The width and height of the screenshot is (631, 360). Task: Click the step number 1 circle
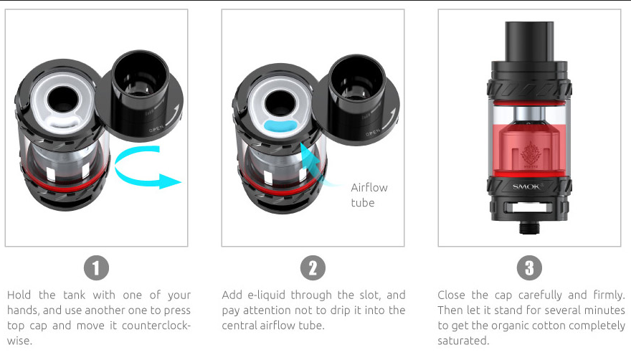click(97, 268)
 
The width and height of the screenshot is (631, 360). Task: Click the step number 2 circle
click(313, 268)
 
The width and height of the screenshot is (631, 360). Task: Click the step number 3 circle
click(529, 268)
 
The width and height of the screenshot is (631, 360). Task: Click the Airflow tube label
click(369, 195)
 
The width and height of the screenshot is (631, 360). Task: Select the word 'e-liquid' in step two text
click(262, 295)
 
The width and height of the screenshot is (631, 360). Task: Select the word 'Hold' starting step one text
click(21, 295)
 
